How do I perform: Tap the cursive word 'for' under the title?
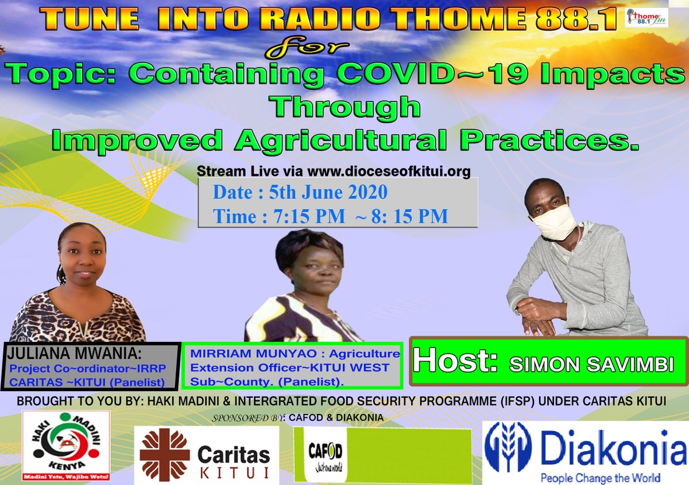(293, 49)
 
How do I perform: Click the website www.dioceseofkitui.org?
(389, 171)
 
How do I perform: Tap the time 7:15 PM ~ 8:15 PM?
(330, 217)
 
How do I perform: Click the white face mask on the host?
(554, 221)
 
